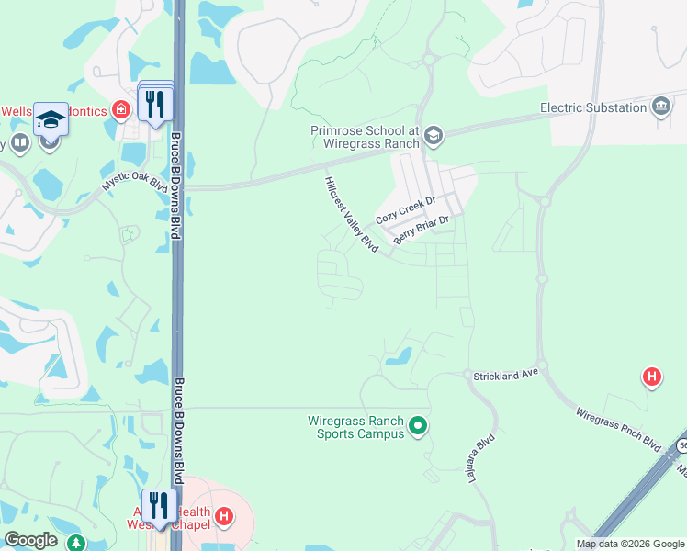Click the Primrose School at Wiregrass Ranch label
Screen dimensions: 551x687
click(x=365, y=138)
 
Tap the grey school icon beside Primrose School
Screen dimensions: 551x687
click(x=434, y=138)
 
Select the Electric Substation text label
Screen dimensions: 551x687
click(x=593, y=107)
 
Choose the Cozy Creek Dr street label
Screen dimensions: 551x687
click(x=404, y=210)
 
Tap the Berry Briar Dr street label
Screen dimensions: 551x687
click(x=421, y=230)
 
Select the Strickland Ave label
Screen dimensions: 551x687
click(x=504, y=377)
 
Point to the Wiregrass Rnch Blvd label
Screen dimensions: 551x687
click(x=619, y=428)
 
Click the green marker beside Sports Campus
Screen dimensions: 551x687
click(x=418, y=425)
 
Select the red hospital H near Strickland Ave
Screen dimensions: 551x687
click(x=651, y=377)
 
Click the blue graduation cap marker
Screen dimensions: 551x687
click(x=51, y=119)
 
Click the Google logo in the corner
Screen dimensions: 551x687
click(x=30, y=540)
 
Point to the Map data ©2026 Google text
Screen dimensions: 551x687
click(x=630, y=544)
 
